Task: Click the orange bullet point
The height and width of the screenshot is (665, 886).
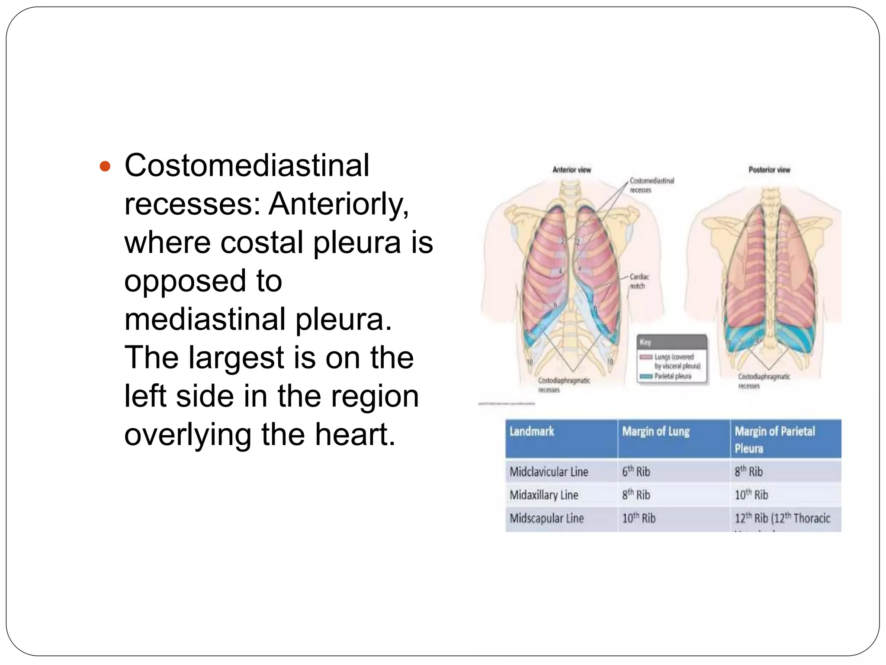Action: coord(105,166)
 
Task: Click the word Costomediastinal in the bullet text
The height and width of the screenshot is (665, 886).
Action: coord(247,165)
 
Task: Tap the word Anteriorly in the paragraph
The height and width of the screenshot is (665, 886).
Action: coord(338,204)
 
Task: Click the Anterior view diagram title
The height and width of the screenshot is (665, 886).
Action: coord(571,170)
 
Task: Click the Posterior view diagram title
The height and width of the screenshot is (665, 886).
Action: coord(769,170)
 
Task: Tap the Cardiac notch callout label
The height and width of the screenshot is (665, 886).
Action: coord(639,281)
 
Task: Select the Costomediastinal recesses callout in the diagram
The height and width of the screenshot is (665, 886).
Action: coord(652,185)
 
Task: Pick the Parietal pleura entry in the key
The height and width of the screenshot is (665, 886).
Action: coord(673,376)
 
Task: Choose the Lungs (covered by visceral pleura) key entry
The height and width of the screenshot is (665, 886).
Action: coord(677,362)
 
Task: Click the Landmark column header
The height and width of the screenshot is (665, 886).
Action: coord(532,432)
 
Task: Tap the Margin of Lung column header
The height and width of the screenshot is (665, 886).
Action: coord(656,432)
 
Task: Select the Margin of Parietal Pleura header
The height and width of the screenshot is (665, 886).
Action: coord(774,439)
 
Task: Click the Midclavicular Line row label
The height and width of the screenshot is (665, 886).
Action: coord(549,472)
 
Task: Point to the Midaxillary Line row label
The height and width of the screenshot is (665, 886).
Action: coord(544,495)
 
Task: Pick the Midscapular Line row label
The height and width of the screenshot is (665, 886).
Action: coord(546,518)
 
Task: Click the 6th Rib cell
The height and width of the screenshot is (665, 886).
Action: coord(636,471)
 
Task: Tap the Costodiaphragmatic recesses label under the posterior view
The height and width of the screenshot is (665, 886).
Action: coord(764,381)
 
